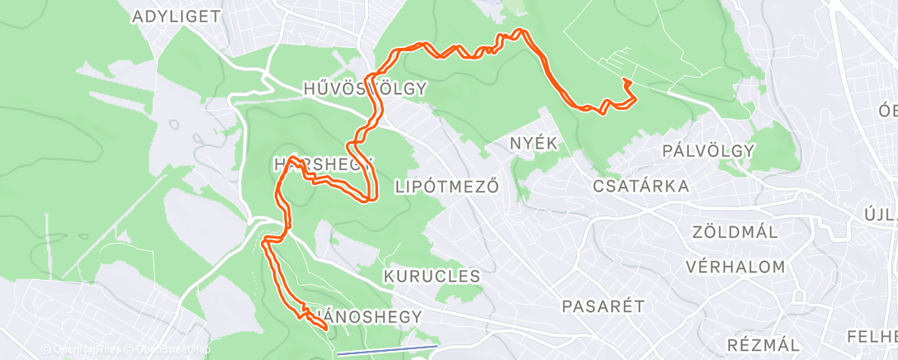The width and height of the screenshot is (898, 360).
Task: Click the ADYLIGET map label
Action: [176, 16]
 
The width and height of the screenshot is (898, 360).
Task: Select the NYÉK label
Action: [534, 143]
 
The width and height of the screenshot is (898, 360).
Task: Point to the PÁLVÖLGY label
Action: [709, 150]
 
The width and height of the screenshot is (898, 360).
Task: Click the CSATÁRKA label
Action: [641, 187]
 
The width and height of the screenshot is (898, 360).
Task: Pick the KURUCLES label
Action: [432, 276]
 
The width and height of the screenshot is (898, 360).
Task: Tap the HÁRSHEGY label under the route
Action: [320, 164]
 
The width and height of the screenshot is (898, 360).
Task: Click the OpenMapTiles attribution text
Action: [83, 349]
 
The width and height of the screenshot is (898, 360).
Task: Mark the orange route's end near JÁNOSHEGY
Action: [328, 329]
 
